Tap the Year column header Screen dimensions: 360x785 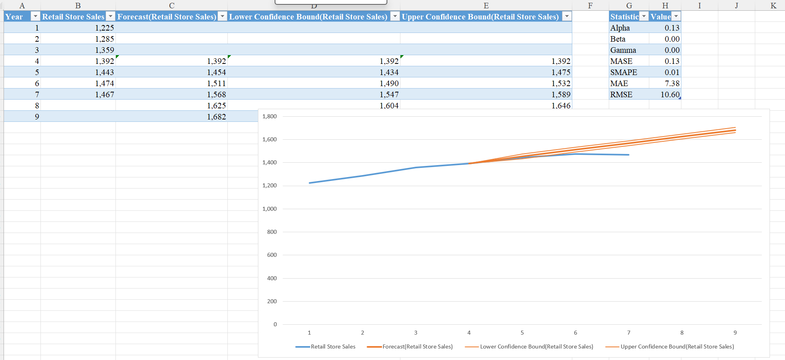(14, 17)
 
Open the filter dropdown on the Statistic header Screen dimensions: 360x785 (644, 16)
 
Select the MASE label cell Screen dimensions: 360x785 (621, 61)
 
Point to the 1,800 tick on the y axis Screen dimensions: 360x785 (269, 116)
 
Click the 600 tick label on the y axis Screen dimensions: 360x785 (272, 255)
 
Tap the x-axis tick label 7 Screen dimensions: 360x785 (629, 333)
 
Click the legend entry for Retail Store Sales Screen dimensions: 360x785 (333, 347)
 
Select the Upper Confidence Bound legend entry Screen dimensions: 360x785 (677, 347)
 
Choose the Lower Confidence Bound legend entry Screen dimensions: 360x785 (536, 347)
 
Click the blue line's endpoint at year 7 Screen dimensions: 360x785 (629, 155)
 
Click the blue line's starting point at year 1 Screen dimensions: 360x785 (310, 183)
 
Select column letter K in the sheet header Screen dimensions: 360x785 (773, 6)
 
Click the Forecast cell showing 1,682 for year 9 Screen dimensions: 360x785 (216, 117)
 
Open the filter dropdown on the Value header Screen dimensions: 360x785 (676, 16)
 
